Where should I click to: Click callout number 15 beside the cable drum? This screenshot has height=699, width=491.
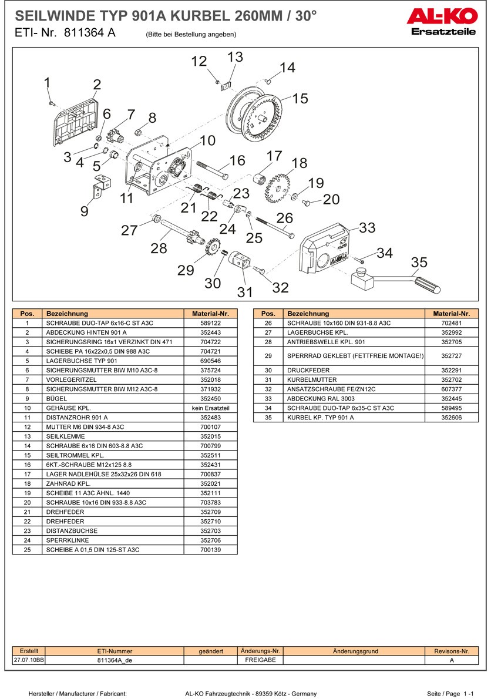click(300, 99)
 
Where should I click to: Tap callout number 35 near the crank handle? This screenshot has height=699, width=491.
click(419, 262)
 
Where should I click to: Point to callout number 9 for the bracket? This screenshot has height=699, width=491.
click(85, 211)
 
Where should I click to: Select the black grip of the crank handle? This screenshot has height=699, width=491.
click(428, 285)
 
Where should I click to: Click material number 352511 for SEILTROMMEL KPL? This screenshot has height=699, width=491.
click(210, 455)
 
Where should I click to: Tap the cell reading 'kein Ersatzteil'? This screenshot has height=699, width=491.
click(210, 408)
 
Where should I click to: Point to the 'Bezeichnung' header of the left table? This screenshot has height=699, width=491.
click(67, 314)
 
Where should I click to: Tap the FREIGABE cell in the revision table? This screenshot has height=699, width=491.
click(260, 660)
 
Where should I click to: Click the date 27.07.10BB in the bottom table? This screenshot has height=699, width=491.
click(29, 660)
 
